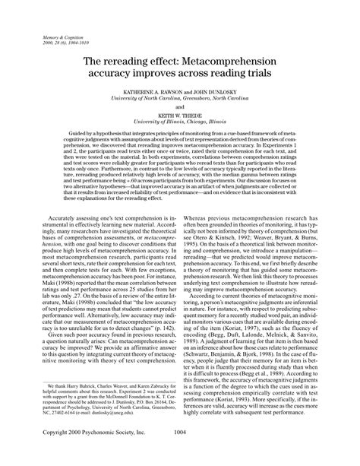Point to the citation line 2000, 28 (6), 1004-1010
coord(54,42)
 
